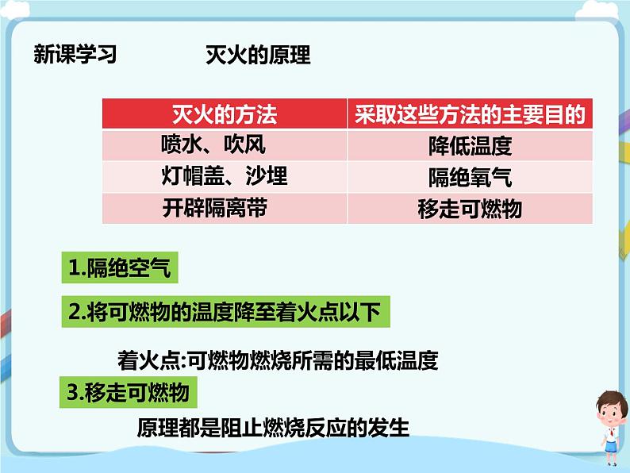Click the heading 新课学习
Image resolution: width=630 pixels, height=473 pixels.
(75, 55)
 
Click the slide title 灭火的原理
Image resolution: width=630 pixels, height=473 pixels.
(257, 55)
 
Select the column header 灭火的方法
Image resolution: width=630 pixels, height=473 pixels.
(225, 115)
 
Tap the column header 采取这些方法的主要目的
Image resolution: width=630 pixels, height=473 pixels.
(470, 115)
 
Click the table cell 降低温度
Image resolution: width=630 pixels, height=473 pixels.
(470, 146)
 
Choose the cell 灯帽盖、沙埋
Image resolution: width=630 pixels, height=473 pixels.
(225, 175)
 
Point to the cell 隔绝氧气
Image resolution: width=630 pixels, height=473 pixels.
(470, 176)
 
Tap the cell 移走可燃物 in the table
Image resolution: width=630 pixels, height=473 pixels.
(470, 208)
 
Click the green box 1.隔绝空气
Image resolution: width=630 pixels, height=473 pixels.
(119, 269)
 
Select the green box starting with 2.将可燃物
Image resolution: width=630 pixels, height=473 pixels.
(225, 312)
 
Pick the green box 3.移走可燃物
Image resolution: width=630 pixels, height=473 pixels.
(129, 393)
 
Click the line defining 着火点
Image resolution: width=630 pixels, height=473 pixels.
(278, 361)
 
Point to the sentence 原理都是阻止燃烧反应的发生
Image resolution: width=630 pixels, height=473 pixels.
(273, 428)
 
